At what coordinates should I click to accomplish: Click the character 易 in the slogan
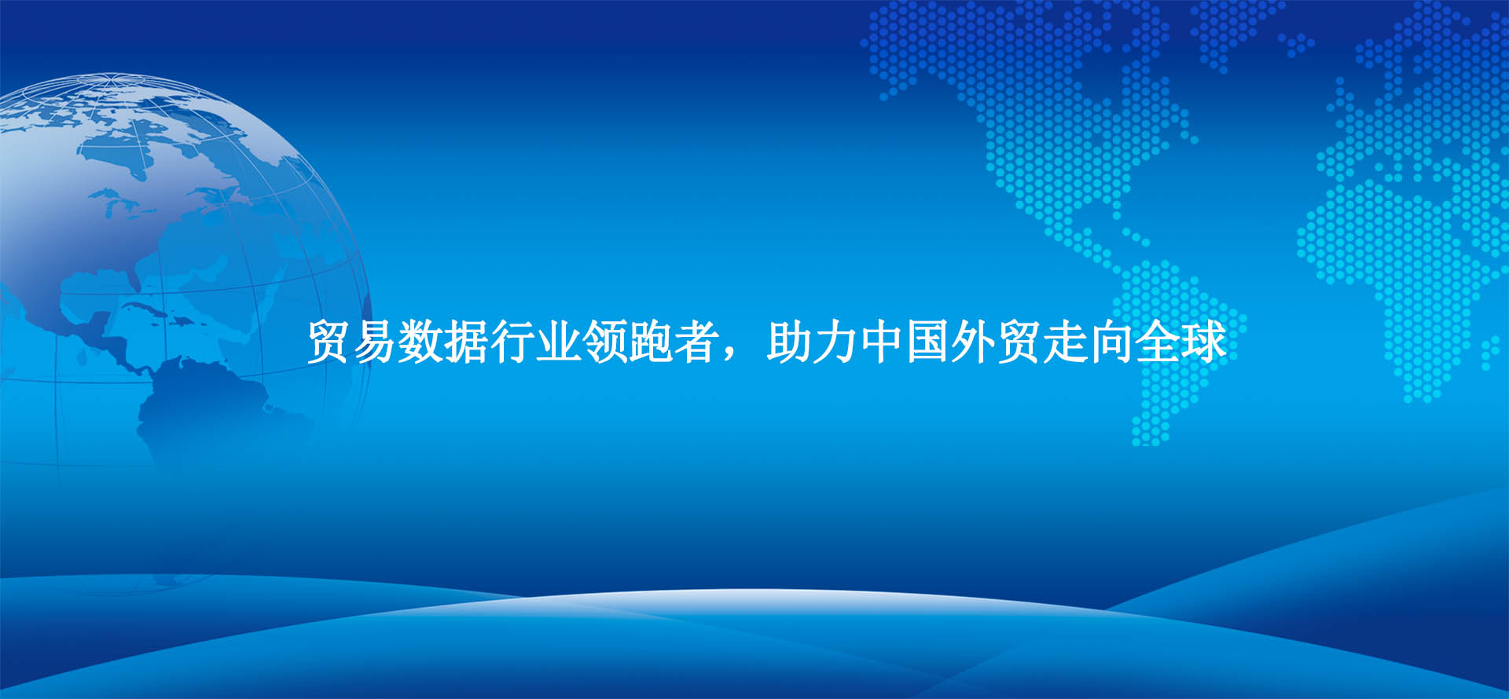pyautogui.click(x=374, y=342)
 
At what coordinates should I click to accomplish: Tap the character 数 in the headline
pyautogui.click(x=420, y=342)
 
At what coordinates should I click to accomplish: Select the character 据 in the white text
pyautogui.click(x=466, y=342)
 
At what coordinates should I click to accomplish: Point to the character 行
pyautogui.click(x=512, y=342)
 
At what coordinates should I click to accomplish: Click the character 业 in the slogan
pyautogui.click(x=558, y=342)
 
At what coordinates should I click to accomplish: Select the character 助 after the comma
pyautogui.click(x=788, y=342)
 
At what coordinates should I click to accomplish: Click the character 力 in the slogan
pyautogui.click(x=835, y=342)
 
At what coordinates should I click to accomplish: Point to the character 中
pyautogui.click(x=880, y=342)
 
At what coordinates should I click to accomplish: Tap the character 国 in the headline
pyautogui.click(x=927, y=342)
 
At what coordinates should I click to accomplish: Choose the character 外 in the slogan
pyautogui.click(x=972, y=342)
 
